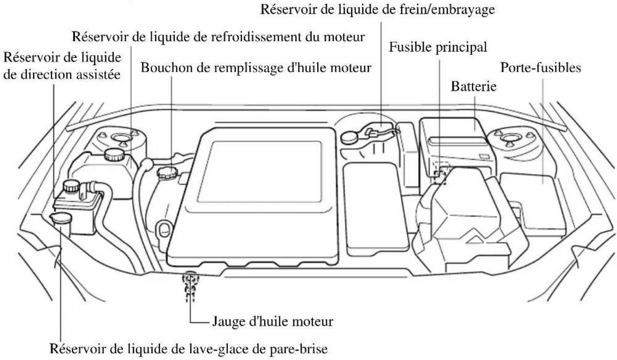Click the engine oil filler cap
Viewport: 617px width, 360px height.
[x=165, y=174]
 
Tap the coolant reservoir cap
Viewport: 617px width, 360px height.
[x=113, y=154]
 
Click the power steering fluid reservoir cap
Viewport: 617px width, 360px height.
[x=71, y=186]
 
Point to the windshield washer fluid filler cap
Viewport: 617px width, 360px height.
[x=59, y=219]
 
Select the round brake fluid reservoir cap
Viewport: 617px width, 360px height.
[x=351, y=137]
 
